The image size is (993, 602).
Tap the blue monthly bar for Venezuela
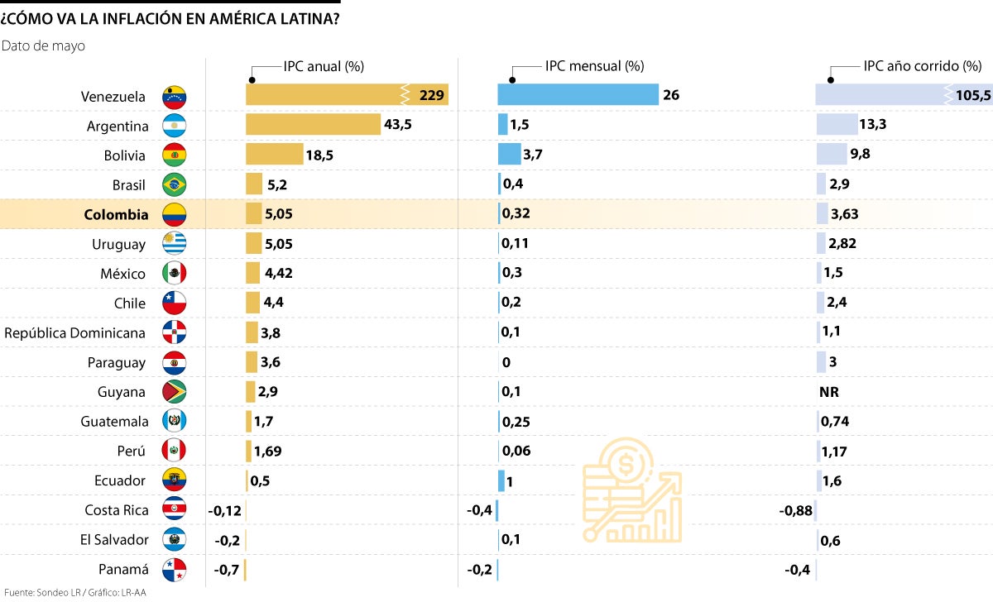[577, 95]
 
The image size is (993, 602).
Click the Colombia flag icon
[175, 215]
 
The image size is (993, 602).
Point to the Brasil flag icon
[175, 184]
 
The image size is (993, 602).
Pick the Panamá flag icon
[175, 569]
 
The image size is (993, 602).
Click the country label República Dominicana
[75, 333]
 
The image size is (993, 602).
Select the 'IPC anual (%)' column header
[324, 66]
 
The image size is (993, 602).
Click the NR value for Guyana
[828, 392]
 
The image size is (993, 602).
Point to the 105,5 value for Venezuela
[972, 96]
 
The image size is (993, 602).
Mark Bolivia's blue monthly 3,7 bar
[509, 155]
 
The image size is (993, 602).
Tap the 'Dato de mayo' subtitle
[43, 46]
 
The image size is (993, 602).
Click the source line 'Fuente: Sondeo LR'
[38, 592]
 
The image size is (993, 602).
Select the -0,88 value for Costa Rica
[794, 510]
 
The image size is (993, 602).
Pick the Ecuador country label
[120, 480]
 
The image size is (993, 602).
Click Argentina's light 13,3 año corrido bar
[836, 125]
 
